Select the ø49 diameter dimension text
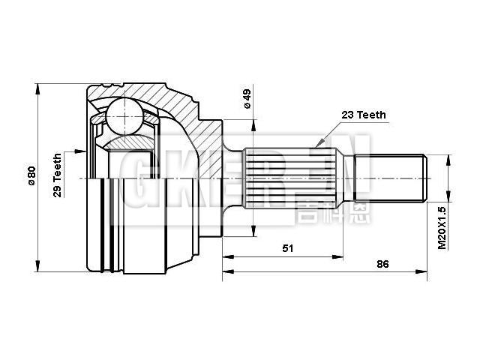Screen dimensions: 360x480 tap(247, 99)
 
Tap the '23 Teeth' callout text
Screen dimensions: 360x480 tap(364, 115)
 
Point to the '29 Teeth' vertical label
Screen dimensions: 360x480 tap(57, 175)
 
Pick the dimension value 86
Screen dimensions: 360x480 tap(382, 265)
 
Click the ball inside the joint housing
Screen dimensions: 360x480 tap(124, 117)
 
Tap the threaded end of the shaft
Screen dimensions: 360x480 tap(390, 178)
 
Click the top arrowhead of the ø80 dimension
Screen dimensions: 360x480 tap(37, 86)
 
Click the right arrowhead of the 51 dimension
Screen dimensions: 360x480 tap(342, 257)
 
